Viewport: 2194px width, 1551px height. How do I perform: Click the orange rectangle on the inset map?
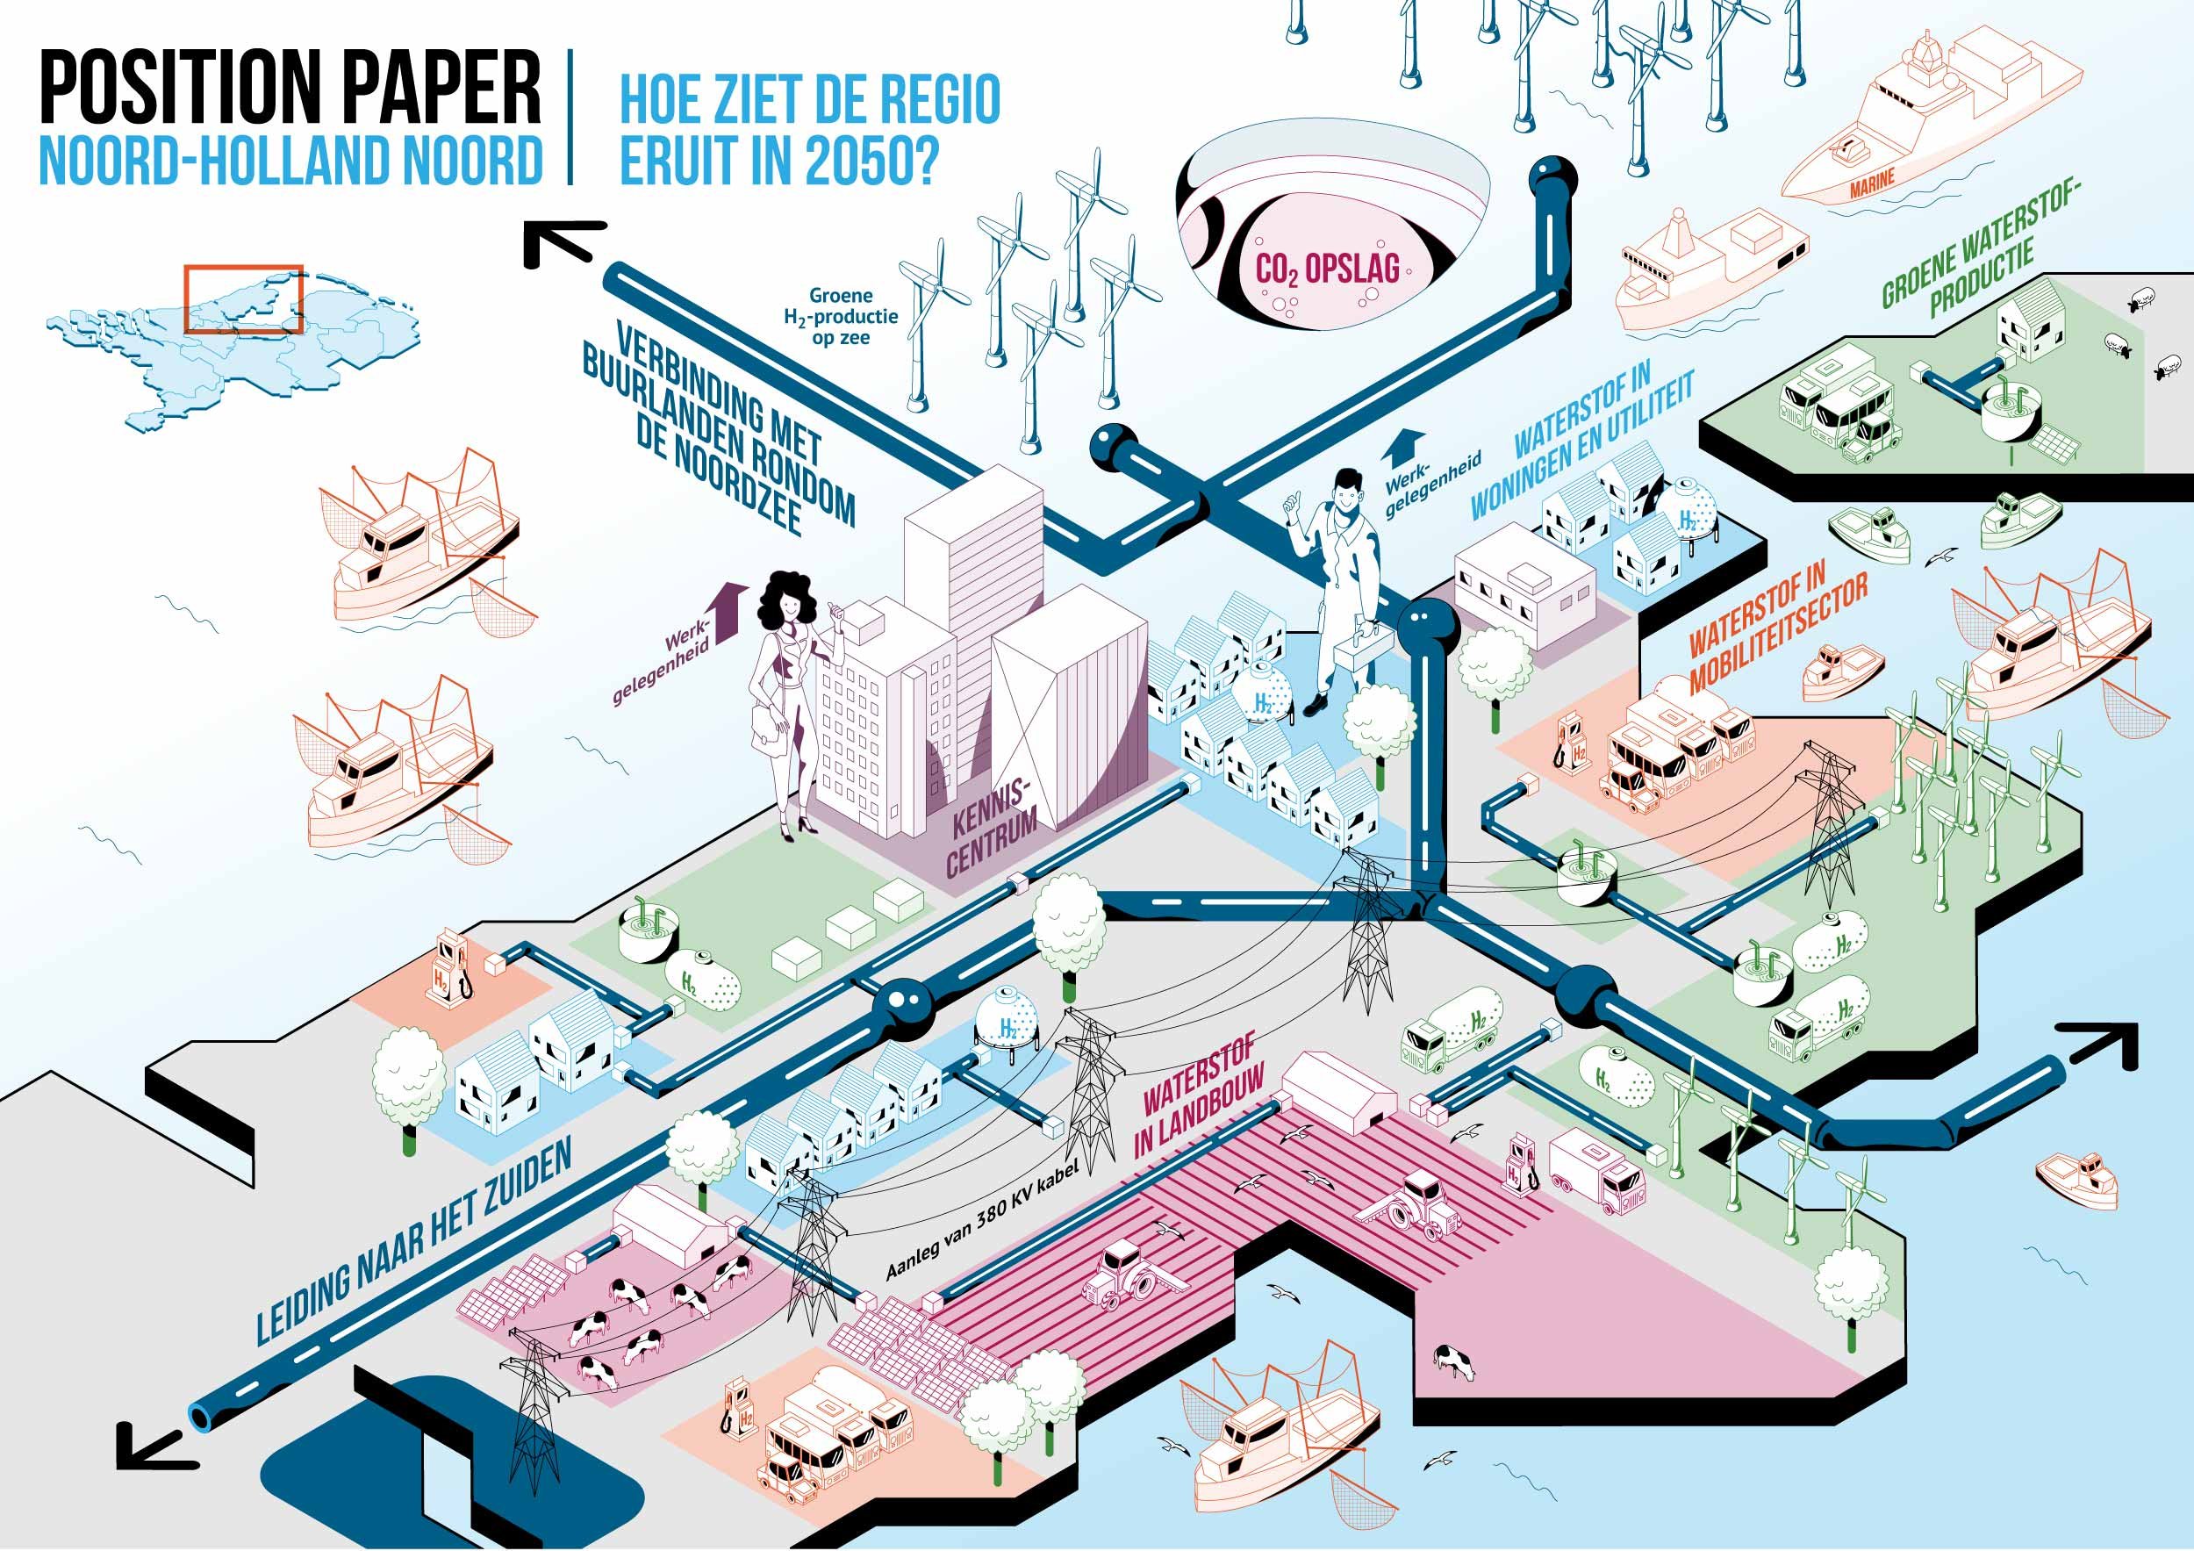coord(244,298)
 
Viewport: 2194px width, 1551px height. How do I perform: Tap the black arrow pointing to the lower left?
coord(153,1443)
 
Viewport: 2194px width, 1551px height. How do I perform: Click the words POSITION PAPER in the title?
coord(290,89)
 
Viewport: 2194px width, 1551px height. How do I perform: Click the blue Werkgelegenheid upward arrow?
coord(1402,449)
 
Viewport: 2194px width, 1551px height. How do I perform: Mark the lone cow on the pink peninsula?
coord(1452,1360)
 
